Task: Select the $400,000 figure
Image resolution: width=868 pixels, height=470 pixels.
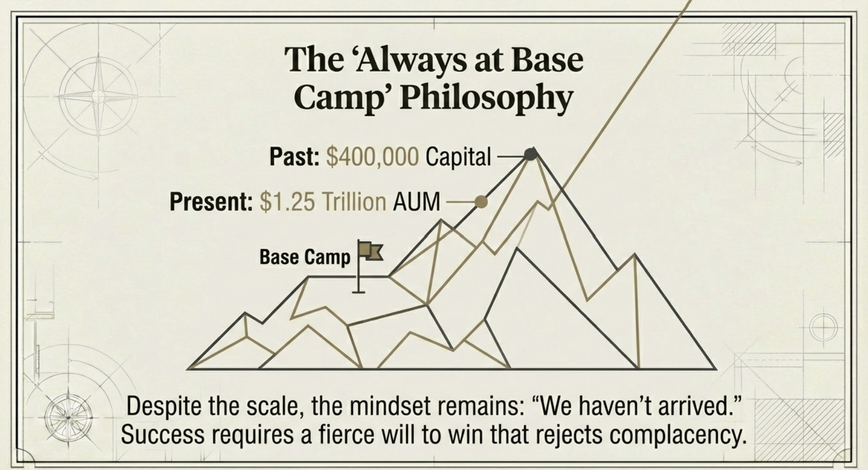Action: [x=372, y=157]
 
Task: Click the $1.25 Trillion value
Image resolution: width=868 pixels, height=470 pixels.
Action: [x=323, y=202]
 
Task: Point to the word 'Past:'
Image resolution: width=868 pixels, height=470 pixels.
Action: [x=295, y=157]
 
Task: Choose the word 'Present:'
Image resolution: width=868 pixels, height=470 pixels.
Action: [x=211, y=202]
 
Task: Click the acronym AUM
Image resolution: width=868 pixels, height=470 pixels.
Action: [x=417, y=202]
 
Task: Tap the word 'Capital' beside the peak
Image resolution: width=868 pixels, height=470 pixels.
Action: [x=459, y=157]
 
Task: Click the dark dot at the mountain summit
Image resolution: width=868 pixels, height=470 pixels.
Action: [x=531, y=154]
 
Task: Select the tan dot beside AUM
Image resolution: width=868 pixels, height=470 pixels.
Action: [x=481, y=202]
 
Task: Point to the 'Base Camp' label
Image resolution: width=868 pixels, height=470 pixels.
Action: [x=305, y=257]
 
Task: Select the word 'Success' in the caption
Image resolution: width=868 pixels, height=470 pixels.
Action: [x=163, y=434]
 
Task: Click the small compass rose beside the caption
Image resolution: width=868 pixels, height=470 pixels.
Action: [x=68, y=418]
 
